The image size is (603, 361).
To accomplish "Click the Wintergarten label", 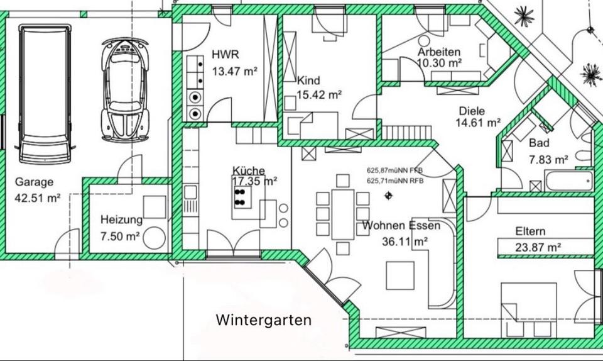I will coord(264,319).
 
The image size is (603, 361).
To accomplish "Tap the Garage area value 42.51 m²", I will coord(38,197).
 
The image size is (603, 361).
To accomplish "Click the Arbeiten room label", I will coord(439,52).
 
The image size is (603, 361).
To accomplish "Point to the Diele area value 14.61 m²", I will coord(477,123).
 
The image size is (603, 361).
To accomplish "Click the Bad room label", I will coord(539,143).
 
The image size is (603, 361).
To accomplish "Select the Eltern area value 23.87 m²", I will coord(538,247).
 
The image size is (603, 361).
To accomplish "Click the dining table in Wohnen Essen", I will coord(343,206).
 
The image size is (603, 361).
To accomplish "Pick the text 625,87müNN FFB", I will coord(395,170).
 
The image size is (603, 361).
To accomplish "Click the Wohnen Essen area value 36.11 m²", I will coord(405,241).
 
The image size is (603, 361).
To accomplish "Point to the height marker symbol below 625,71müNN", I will coord(389,197).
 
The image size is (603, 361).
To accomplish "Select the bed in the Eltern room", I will coord(528,304).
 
